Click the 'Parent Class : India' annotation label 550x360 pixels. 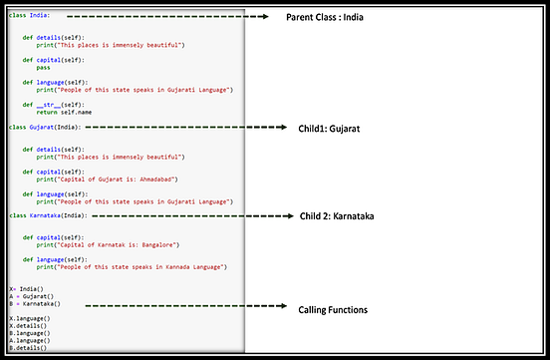pos(331,18)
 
